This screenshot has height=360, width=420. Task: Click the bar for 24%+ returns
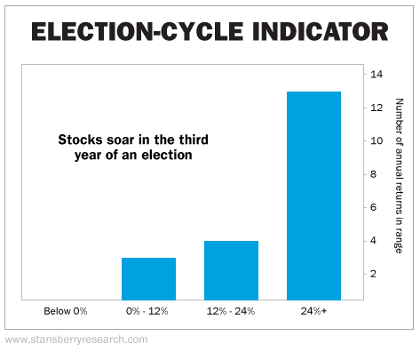[313, 196]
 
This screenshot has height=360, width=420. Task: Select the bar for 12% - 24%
[231, 270]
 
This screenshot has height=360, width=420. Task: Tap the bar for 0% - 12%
[148, 279]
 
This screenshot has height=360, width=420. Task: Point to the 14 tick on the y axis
[376, 74]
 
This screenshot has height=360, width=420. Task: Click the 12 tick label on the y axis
[376, 108]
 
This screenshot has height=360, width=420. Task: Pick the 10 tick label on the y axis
[376, 140]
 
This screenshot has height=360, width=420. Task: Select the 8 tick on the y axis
[374, 174]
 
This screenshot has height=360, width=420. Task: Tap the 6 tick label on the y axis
[374, 207]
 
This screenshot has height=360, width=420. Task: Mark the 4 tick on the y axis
[374, 240]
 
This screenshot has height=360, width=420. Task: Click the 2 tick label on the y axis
[374, 274]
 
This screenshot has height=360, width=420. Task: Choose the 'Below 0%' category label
[66, 311]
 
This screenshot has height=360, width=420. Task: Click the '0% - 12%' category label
[147, 311]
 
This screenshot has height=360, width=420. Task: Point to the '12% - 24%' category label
[231, 311]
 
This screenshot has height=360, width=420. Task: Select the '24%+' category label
[313, 311]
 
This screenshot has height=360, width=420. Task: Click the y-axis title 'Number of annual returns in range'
[399, 176]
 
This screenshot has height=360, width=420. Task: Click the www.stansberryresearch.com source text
[76, 340]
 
